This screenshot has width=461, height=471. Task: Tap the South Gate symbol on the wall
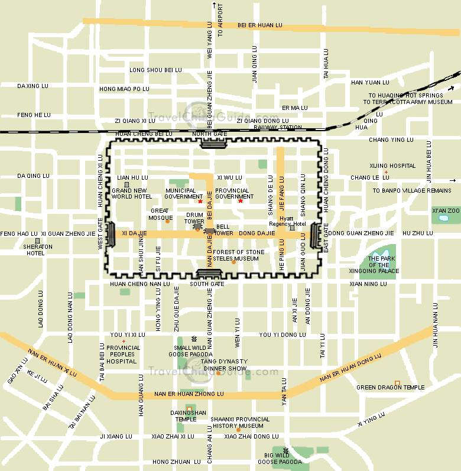point(207,274)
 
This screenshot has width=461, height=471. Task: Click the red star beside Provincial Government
point(241,202)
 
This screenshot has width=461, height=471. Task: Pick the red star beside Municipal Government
point(200,202)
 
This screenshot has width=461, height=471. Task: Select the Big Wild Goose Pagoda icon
point(286,450)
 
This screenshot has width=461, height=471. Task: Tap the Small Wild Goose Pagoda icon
point(193,340)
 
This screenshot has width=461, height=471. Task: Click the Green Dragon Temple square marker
point(397,383)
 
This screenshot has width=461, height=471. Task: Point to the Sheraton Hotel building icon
point(37,241)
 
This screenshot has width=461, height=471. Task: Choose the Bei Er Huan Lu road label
point(260,25)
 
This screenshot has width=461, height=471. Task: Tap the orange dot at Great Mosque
point(167,222)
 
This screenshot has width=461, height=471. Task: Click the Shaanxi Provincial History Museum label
point(240,423)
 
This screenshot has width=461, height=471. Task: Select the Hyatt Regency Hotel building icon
point(291,228)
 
